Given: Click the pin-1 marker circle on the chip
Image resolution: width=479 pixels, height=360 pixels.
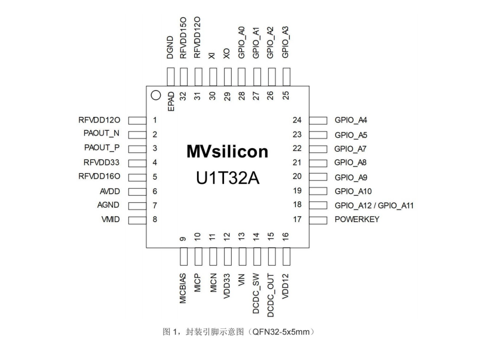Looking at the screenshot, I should [x=155, y=94].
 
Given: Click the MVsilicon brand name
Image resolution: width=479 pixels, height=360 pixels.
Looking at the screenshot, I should [x=227, y=152].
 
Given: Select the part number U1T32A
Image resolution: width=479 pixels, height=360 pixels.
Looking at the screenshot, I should [x=227, y=179].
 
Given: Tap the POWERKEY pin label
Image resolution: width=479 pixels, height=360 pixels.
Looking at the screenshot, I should [x=357, y=219].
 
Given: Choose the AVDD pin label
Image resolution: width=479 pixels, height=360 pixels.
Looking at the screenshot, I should [x=110, y=191].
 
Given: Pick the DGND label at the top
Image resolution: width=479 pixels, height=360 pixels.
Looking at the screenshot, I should [x=170, y=48].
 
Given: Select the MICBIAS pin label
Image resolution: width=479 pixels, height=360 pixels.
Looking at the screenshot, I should [x=183, y=289].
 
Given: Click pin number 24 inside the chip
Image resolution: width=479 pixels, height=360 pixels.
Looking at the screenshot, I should [x=297, y=120].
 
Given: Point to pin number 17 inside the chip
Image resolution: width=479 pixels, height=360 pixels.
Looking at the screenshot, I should [x=297, y=219].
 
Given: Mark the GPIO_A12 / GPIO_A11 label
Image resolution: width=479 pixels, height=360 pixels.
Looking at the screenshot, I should [x=374, y=205].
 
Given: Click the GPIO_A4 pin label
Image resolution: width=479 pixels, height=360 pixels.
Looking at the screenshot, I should [x=351, y=120].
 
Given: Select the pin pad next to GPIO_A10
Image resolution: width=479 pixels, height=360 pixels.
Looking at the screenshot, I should [x=318, y=191].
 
